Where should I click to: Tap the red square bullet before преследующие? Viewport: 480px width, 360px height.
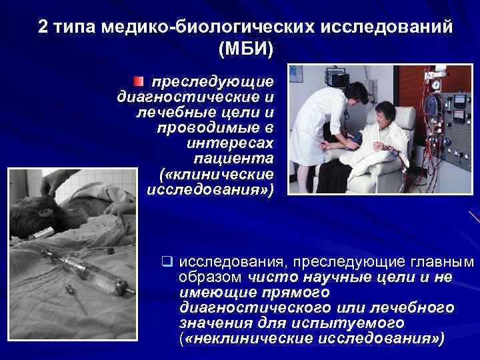coord(137,82)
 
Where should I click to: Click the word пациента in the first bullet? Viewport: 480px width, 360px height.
coord(233,158)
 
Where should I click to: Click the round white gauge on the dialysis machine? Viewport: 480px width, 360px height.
coord(437,85)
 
